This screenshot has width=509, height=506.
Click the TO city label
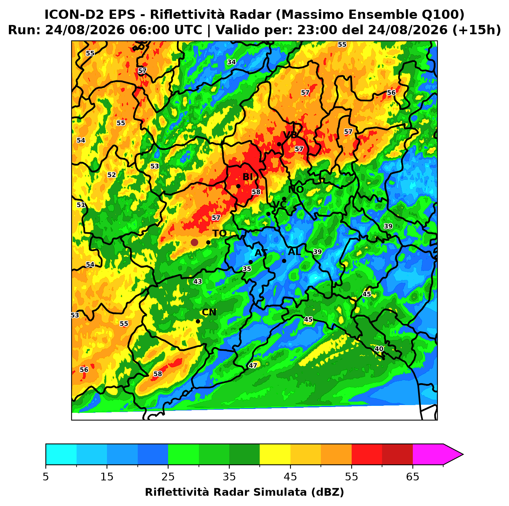(x=220, y=234)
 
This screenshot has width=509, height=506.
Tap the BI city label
(x=247, y=177)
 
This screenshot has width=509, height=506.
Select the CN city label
(x=209, y=312)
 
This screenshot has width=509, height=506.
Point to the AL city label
(x=294, y=251)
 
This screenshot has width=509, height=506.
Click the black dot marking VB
(x=279, y=144)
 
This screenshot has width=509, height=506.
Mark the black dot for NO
(x=284, y=199)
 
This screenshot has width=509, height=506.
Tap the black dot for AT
(x=250, y=262)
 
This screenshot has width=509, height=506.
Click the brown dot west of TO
(x=194, y=242)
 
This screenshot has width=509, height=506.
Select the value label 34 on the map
(x=231, y=62)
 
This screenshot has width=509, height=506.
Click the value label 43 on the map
(x=198, y=281)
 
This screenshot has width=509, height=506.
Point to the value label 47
(x=253, y=365)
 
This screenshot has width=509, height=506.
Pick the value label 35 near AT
(x=247, y=269)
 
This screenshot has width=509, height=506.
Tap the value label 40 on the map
(x=379, y=349)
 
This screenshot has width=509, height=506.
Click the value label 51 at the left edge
(x=81, y=205)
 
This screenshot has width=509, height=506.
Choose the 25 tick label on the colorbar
(x=168, y=477)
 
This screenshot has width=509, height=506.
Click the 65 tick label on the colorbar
(x=412, y=477)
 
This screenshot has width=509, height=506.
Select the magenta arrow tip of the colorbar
(x=463, y=455)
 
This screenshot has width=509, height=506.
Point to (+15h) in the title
(x=476, y=30)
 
